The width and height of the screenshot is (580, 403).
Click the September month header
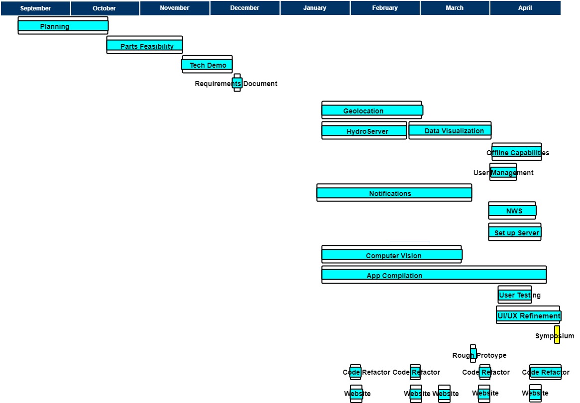35,8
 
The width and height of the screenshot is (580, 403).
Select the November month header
174,8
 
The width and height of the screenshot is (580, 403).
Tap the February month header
385,8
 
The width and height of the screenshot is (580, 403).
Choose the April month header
525,8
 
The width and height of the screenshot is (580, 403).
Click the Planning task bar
63,26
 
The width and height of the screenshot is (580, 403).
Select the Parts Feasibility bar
144,46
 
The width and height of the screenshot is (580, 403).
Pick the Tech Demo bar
207,65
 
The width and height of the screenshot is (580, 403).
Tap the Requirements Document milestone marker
237,83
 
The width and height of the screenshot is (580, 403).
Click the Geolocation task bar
372,110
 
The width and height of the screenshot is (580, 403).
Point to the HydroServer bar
364,131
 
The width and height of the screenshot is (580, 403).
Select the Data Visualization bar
450,131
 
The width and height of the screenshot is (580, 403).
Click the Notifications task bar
394,193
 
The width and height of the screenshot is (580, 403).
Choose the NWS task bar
512,211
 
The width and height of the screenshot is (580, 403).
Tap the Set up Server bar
515,232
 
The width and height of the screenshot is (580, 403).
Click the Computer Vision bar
392,255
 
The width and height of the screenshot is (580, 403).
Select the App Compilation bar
434,275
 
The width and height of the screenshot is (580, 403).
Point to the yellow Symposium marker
557,335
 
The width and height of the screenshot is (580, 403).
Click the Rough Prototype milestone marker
473,354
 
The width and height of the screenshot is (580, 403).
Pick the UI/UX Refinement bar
528,315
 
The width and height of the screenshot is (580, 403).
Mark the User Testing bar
515,295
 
